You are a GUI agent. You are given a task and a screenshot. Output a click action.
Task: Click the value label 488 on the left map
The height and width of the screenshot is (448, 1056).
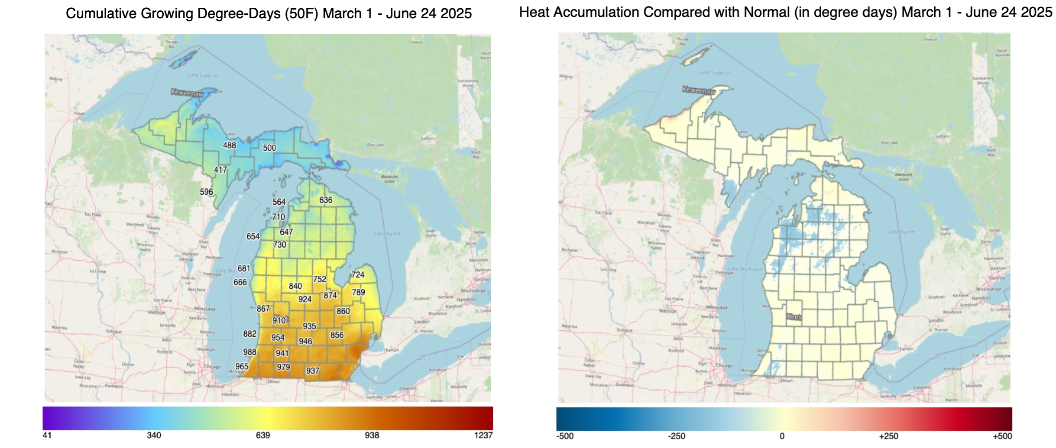229,145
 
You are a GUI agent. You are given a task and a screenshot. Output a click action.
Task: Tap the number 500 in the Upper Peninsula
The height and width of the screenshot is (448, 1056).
269,148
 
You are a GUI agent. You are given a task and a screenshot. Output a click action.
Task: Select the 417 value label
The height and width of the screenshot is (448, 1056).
220,170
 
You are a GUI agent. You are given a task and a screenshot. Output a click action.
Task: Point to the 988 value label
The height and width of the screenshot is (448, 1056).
249,352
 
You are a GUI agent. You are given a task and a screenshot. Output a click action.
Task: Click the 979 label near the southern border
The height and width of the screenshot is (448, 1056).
283,367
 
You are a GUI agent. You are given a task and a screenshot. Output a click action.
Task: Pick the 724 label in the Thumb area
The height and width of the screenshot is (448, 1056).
358,275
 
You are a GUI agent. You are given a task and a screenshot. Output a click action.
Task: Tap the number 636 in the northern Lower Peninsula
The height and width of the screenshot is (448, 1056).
326,200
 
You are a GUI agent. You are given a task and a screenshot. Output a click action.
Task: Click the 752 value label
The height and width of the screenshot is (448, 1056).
320,279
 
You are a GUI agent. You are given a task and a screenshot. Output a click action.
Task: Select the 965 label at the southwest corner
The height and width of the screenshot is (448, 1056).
242,367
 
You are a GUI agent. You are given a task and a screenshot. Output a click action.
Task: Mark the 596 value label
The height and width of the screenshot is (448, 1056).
206,192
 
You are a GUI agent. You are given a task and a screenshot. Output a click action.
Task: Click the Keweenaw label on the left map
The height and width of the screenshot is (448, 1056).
187,92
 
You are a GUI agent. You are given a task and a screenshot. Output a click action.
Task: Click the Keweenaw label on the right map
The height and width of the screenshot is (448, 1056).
699,90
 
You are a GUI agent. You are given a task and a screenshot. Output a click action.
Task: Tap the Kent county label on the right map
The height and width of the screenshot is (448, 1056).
794,317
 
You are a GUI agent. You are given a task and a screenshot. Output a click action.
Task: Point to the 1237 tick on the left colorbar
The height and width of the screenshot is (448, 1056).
483,435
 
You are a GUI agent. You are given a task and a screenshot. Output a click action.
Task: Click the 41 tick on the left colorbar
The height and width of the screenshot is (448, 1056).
47,435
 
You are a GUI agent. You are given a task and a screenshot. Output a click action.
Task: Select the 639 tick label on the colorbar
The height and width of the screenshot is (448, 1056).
263,435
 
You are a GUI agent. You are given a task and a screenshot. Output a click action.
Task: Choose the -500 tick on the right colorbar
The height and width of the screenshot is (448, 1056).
566,436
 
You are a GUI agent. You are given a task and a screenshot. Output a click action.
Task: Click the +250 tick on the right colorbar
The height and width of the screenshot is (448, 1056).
888,436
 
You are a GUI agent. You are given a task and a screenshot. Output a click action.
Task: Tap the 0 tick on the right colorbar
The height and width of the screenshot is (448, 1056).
782,436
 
